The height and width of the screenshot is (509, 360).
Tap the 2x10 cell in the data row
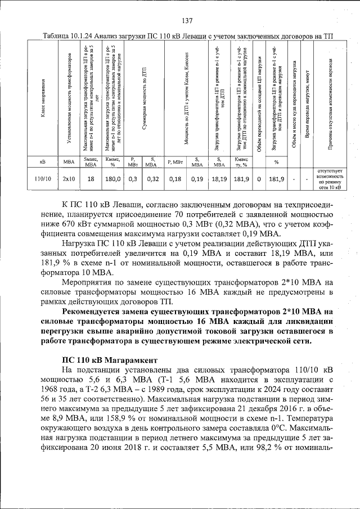click(x=69, y=179)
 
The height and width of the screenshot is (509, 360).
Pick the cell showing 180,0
click(x=112, y=179)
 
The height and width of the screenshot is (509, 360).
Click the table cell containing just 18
click(x=91, y=179)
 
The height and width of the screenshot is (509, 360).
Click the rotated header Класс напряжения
click(x=43, y=101)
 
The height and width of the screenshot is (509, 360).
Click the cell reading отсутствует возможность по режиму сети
click(x=330, y=179)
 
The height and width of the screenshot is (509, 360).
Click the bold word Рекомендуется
click(x=93, y=312)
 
